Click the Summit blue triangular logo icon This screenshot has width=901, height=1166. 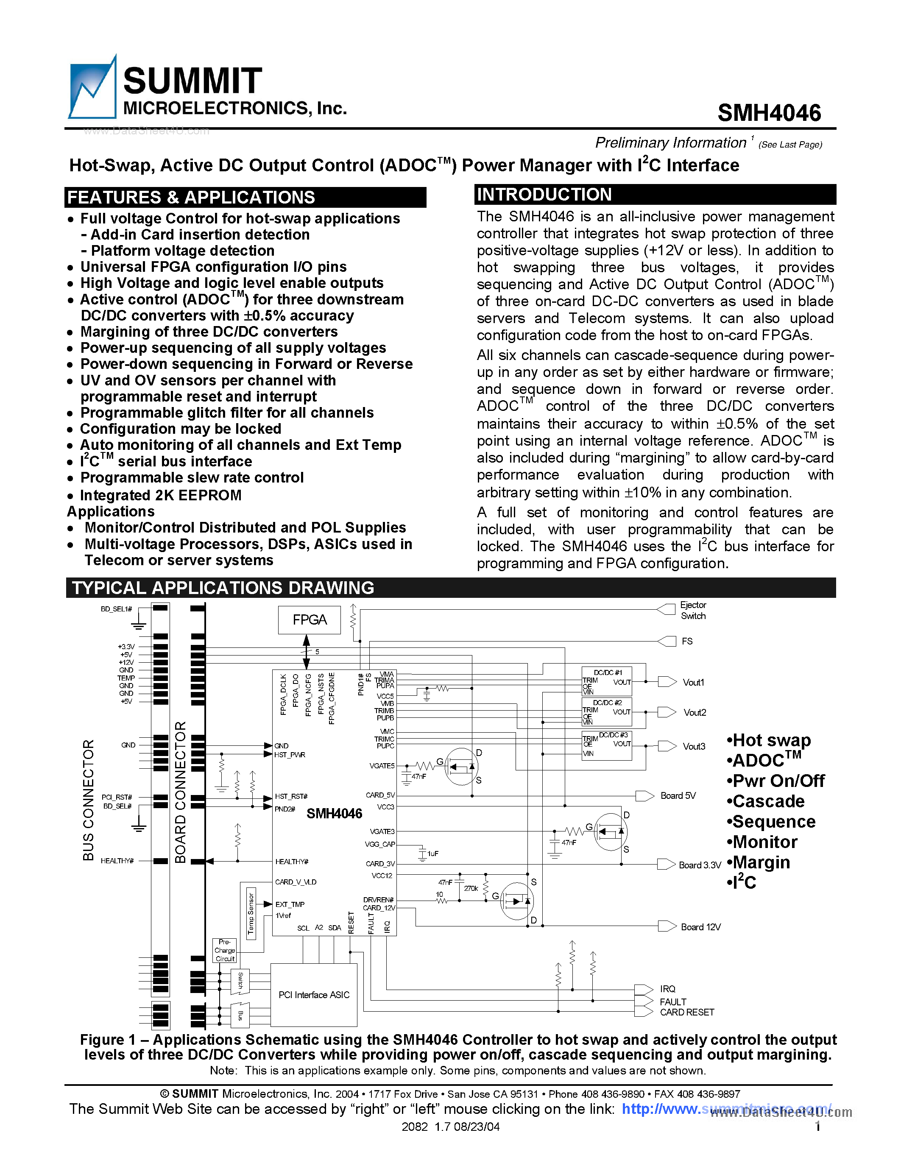(x=92, y=88)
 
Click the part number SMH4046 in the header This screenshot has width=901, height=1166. (x=769, y=113)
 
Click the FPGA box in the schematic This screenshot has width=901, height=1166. (x=309, y=620)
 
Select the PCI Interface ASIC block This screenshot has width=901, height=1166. (x=314, y=995)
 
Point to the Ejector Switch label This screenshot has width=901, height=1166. (x=693, y=610)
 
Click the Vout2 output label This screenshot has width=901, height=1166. (x=695, y=713)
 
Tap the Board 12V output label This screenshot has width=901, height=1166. (x=700, y=927)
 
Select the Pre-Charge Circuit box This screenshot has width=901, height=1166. (x=225, y=950)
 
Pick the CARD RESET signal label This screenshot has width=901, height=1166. (x=686, y=1012)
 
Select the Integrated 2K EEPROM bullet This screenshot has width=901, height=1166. (x=160, y=495)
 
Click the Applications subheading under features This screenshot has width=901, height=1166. (x=111, y=511)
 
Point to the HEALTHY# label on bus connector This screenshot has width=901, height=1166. (x=117, y=861)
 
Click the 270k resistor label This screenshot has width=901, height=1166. (x=471, y=888)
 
